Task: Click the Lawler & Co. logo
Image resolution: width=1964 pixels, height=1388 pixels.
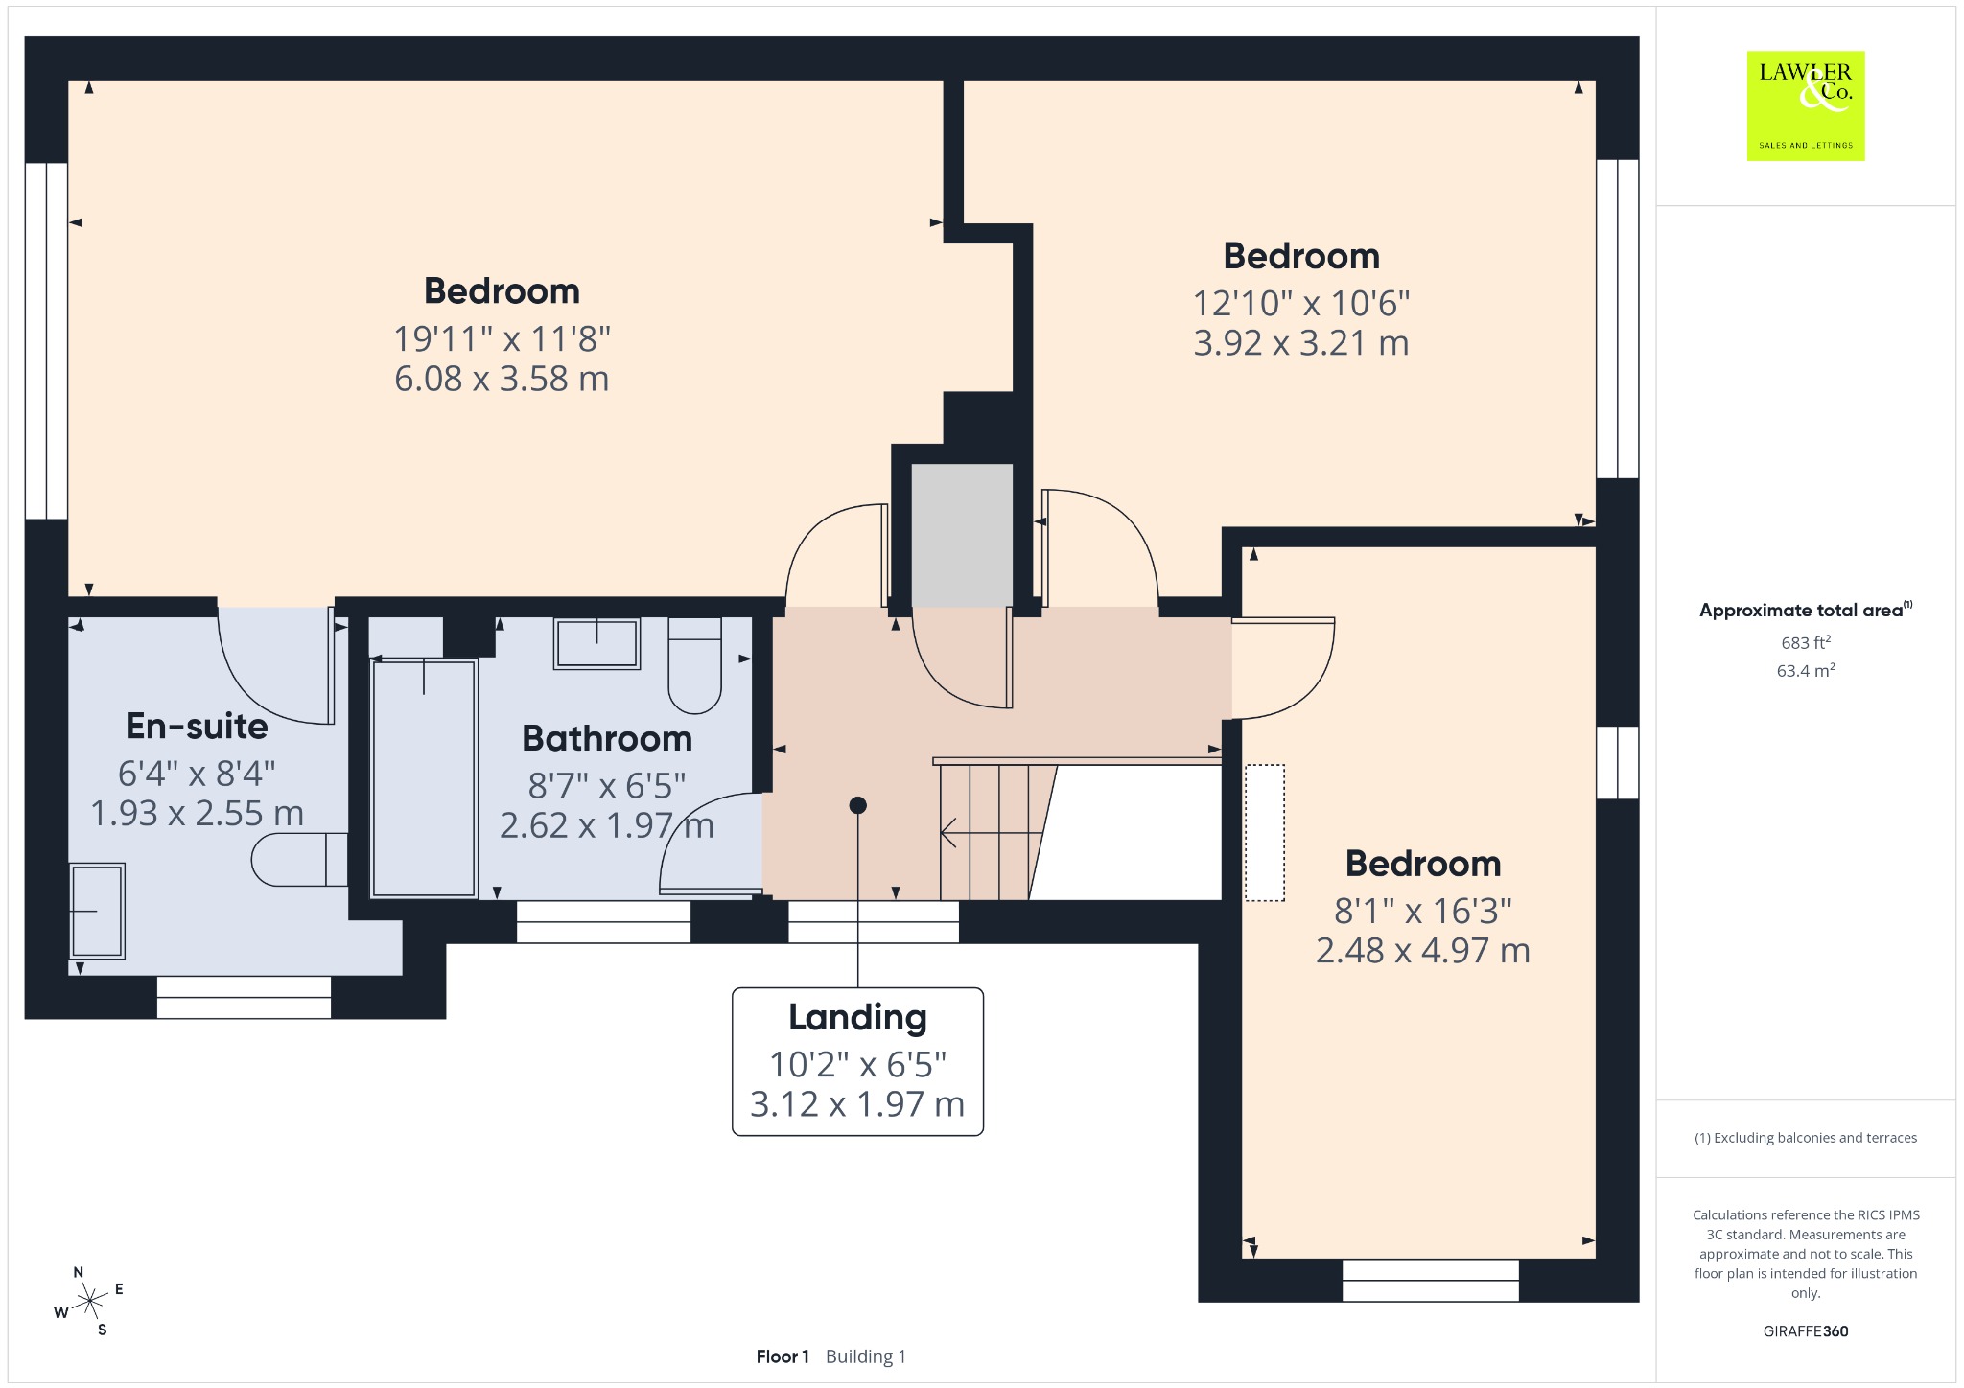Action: pyautogui.click(x=1806, y=105)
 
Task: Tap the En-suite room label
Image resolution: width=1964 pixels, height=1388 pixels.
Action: pyautogui.click(x=197, y=727)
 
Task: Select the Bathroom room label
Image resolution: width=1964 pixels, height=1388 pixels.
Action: pyautogui.click(x=607, y=738)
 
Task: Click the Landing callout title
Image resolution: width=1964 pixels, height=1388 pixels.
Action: pyautogui.click(x=857, y=1018)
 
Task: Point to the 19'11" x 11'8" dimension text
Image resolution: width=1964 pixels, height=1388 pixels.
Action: pyautogui.click(x=502, y=338)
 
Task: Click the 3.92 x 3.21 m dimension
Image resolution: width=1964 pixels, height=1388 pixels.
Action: pyautogui.click(x=1301, y=343)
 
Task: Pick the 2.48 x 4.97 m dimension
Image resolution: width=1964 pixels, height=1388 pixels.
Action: pyautogui.click(x=1423, y=951)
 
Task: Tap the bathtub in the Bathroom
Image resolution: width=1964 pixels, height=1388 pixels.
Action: pyautogui.click(x=424, y=777)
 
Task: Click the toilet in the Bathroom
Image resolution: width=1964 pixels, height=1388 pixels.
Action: pyautogui.click(x=694, y=665)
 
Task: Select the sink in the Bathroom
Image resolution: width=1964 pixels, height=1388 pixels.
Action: pyautogui.click(x=596, y=642)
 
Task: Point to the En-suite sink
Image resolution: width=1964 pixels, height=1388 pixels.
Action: pyautogui.click(x=97, y=911)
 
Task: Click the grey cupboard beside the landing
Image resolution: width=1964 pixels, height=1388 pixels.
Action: pyautogui.click(x=962, y=535)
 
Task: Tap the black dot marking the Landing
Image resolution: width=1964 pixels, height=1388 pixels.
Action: pyautogui.click(x=858, y=805)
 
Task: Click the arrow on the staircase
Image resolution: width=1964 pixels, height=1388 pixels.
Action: pyautogui.click(x=991, y=833)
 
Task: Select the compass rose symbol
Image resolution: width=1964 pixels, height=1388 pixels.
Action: pyautogui.click(x=89, y=1301)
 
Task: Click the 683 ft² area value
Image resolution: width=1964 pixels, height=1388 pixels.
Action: pyautogui.click(x=1806, y=642)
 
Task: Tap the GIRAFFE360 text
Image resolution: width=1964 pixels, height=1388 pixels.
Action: pyautogui.click(x=1806, y=1330)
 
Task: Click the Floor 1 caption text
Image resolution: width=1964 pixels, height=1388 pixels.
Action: pyautogui.click(x=783, y=1356)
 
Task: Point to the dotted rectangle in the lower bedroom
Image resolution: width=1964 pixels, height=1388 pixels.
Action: pyautogui.click(x=1265, y=833)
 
